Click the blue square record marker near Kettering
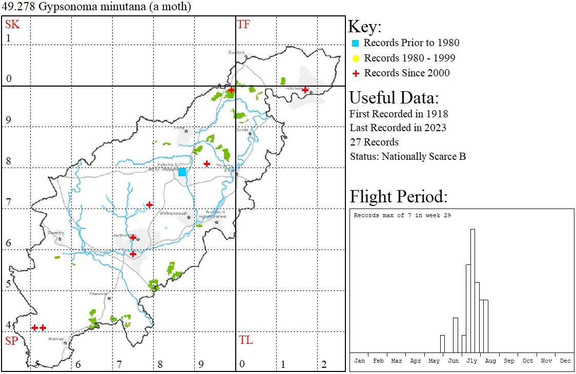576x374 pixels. pyautogui.click(x=182, y=172)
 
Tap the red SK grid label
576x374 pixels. pyautogui.click(x=12, y=24)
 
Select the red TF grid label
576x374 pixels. pyautogui.click(x=243, y=24)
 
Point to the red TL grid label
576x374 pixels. pyautogui.click(x=245, y=340)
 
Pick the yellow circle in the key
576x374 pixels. pyautogui.click(x=356, y=58)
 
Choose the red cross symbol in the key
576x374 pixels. pyautogui.click(x=356, y=73)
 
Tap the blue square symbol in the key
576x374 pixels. pyautogui.click(x=356, y=43)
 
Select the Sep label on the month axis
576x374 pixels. pyautogui.click(x=509, y=361)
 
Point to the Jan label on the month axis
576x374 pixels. pyautogui.click(x=360, y=361)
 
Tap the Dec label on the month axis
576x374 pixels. pyautogui.click(x=565, y=361)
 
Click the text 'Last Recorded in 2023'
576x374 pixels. pyautogui.click(x=398, y=128)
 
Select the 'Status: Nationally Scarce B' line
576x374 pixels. pyautogui.click(x=407, y=156)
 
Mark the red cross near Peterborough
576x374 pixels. pyautogui.click(x=305, y=90)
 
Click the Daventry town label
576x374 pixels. pyautogui.click(x=55, y=233)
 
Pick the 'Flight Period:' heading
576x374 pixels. pyautogui.click(x=398, y=197)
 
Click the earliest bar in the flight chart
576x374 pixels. pyautogui.click(x=442, y=344)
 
